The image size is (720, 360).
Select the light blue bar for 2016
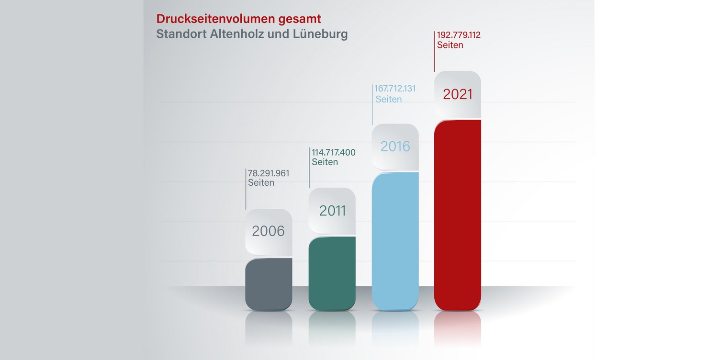pos(395,239)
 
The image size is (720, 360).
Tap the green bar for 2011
pos(332,273)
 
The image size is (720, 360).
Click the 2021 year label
pos(457,94)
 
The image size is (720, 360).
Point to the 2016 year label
pos(395,146)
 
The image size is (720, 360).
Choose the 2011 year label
pos(332,211)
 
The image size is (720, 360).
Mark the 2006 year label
pos(268,231)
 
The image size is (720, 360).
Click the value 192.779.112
pos(459,35)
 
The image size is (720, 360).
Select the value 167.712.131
pos(395,89)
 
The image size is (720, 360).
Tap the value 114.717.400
pos(334,152)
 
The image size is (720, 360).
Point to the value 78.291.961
pos(269,173)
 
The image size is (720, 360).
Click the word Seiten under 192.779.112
pos(450,45)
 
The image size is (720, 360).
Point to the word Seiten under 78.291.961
pos(261,183)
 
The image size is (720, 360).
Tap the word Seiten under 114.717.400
pos(325,162)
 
